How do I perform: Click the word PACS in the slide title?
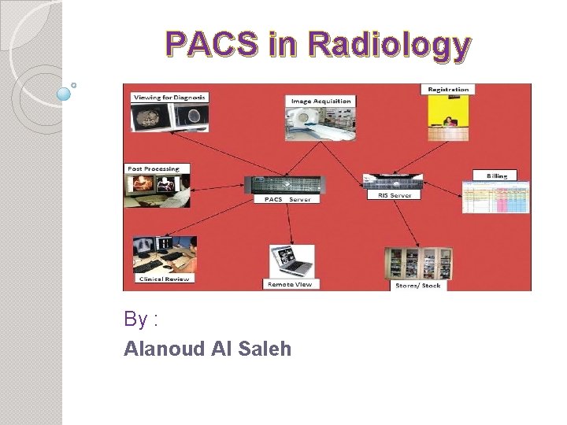coord(213,46)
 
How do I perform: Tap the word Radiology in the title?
coord(391,46)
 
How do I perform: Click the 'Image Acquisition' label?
coord(321,101)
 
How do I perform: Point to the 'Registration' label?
coord(448,89)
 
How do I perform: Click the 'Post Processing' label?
coord(154,168)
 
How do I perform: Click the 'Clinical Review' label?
coord(163,279)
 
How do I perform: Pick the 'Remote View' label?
coord(290,283)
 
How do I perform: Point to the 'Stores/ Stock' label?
coord(418,285)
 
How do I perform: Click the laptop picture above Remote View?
coord(291,261)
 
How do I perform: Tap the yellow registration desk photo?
coord(448,118)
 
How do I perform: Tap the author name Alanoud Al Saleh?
coord(207,349)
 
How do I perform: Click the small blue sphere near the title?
coord(65,94)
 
